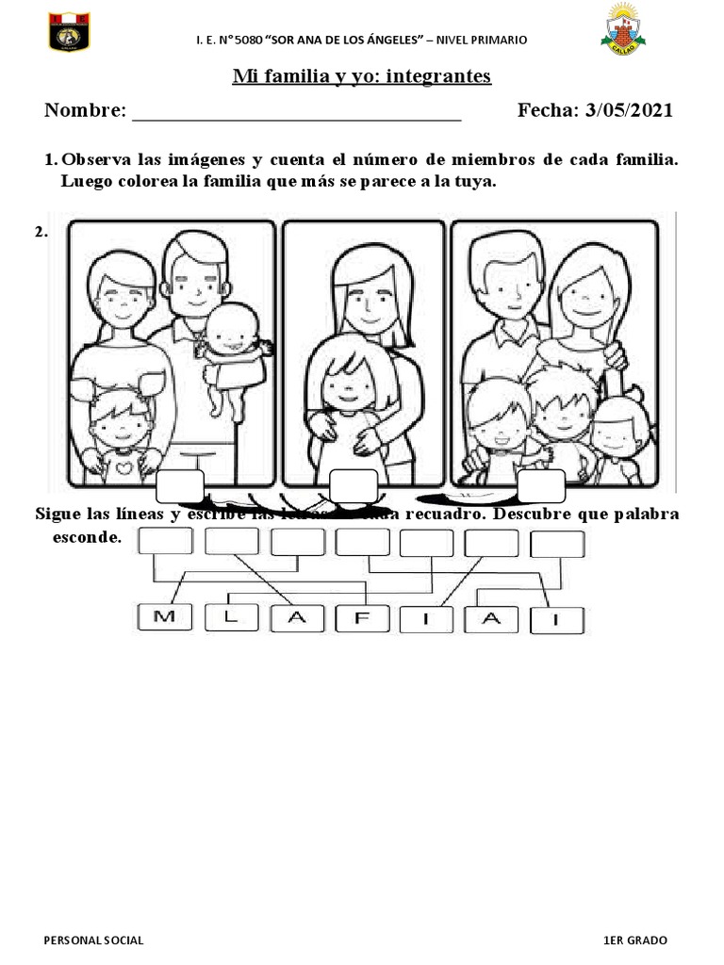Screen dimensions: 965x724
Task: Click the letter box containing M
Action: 164,617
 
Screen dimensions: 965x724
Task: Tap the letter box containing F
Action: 363,617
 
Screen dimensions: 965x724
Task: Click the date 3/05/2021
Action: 629,110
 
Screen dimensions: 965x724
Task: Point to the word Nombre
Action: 83,110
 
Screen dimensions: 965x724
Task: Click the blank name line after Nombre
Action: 296,115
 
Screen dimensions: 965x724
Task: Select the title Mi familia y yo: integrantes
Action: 362,75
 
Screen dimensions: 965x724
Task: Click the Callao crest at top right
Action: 622,27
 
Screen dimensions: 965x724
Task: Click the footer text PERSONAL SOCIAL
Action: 94,940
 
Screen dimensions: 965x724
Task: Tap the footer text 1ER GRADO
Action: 635,940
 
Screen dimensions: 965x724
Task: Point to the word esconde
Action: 88,538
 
